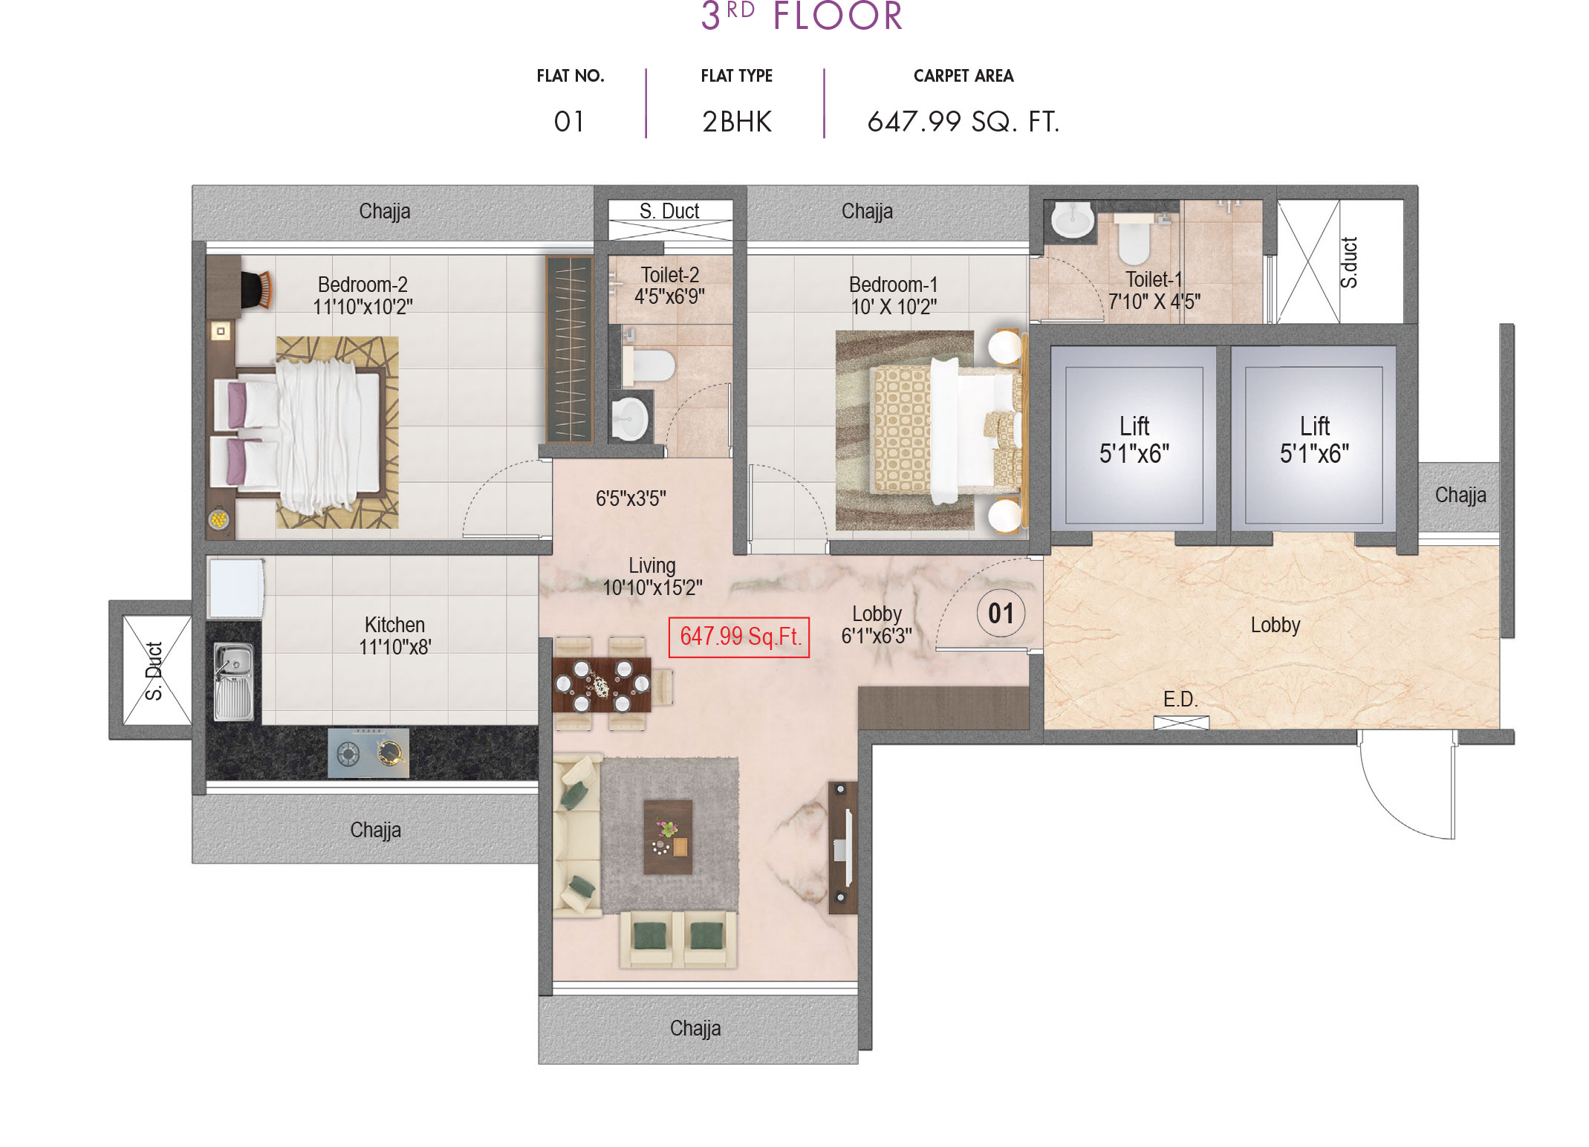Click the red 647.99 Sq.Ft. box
click(x=738, y=637)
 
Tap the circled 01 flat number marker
click(x=1000, y=614)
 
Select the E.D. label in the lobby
click(x=1180, y=699)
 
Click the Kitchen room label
click(x=394, y=625)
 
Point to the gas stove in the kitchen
click(x=368, y=753)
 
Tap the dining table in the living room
click(x=602, y=683)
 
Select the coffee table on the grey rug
click(x=667, y=836)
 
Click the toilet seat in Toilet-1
click(x=1134, y=239)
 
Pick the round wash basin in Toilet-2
click(x=629, y=418)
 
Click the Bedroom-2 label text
click(x=363, y=285)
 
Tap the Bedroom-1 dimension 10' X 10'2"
click(x=893, y=306)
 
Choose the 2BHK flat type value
click(x=737, y=122)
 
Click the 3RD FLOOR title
click(x=802, y=16)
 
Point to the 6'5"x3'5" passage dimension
click(x=631, y=498)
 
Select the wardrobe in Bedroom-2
click(x=570, y=349)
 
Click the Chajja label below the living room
click(x=695, y=1028)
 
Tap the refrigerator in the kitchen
click(x=236, y=588)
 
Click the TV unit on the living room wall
click(x=842, y=847)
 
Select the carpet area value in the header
click(x=963, y=122)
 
